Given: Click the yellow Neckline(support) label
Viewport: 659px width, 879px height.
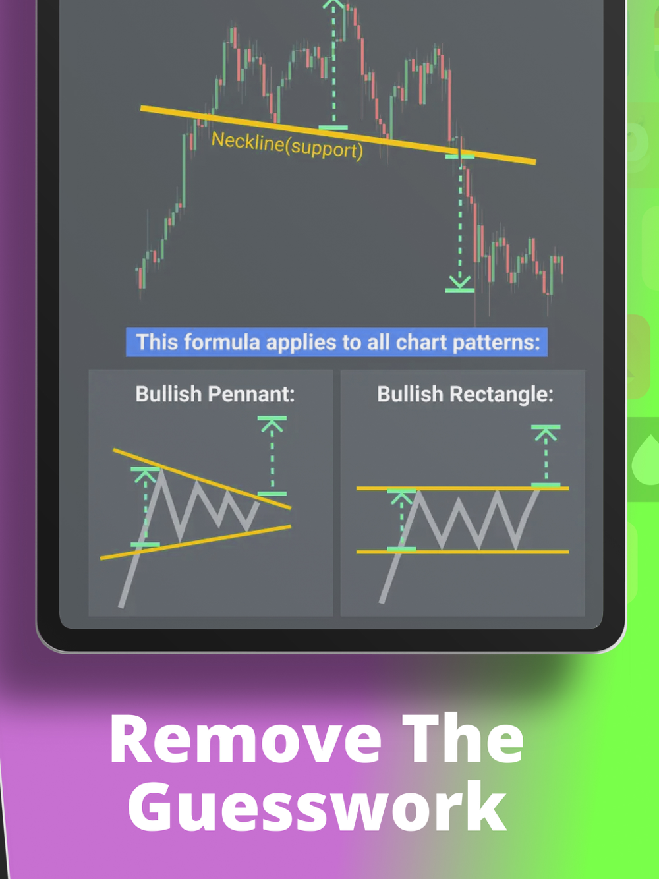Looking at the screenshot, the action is [x=287, y=146].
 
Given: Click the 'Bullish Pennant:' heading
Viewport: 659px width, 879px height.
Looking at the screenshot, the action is [x=215, y=394].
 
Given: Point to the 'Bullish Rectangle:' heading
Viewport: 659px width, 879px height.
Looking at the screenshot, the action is [x=465, y=394].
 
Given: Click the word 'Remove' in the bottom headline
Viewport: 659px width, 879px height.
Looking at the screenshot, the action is [x=245, y=740].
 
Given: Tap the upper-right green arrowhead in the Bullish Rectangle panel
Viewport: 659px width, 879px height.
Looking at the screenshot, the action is [x=546, y=435].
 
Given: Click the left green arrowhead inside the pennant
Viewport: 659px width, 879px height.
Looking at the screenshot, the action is [x=145, y=476].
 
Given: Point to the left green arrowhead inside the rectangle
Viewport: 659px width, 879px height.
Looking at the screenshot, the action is [x=401, y=498].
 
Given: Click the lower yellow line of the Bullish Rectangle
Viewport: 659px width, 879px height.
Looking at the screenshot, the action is [x=463, y=552].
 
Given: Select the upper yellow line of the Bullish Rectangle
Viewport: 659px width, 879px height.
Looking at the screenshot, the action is [x=463, y=488].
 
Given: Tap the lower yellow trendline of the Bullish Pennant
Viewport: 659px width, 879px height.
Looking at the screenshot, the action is [x=195, y=542].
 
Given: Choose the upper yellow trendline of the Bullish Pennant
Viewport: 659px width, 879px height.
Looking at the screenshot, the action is [x=202, y=478].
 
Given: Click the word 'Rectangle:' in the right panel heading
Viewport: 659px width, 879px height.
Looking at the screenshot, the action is [x=501, y=394].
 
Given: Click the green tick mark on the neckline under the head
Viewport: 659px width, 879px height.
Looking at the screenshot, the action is [x=333, y=128].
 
